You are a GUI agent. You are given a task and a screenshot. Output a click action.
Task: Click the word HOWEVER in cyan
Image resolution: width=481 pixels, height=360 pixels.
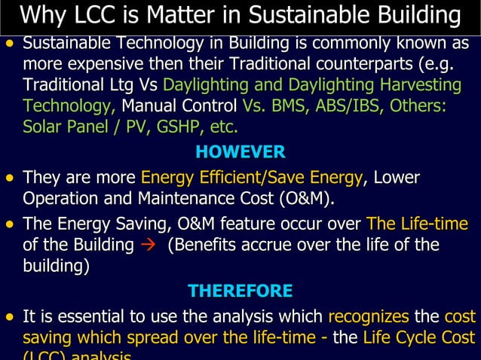click(240, 152)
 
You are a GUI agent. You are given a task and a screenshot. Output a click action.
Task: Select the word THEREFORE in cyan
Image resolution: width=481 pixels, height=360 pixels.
click(240, 291)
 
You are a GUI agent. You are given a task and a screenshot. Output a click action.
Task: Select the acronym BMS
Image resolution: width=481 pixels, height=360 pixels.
click(295, 105)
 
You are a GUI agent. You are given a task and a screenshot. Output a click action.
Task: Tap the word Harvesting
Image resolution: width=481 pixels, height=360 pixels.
click(421, 84)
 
